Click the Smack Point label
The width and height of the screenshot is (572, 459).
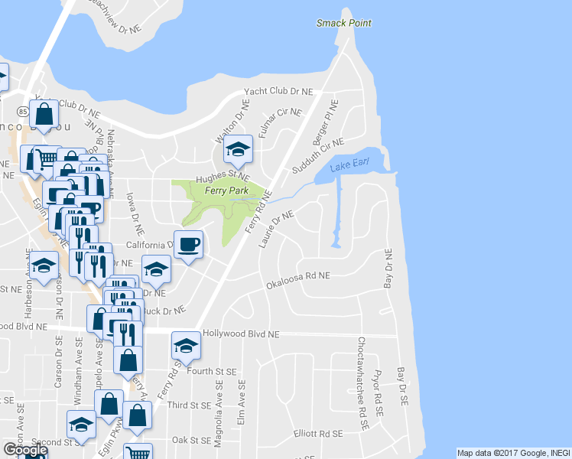click(344, 23)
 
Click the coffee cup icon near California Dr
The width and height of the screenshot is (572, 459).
click(189, 245)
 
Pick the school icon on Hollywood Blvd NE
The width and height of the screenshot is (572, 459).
click(185, 346)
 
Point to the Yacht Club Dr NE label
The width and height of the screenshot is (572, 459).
click(278, 91)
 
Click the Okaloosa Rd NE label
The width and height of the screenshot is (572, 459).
click(297, 280)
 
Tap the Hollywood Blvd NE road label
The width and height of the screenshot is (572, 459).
click(241, 334)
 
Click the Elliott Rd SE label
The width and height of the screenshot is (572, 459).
click(318, 434)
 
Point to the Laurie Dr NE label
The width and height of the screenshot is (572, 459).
click(277, 230)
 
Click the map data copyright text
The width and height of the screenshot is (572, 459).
click(512, 453)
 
